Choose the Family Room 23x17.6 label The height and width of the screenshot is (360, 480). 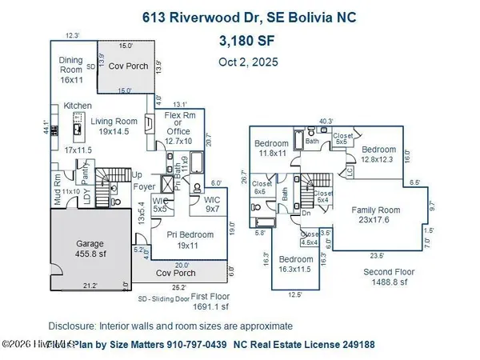tap(376, 214)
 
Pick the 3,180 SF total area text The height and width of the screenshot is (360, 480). tap(246, 40)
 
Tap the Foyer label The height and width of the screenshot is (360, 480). tap(144, 188)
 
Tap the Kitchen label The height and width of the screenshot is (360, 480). tap(78, 106)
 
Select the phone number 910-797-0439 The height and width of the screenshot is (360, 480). tap(241, 346)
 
